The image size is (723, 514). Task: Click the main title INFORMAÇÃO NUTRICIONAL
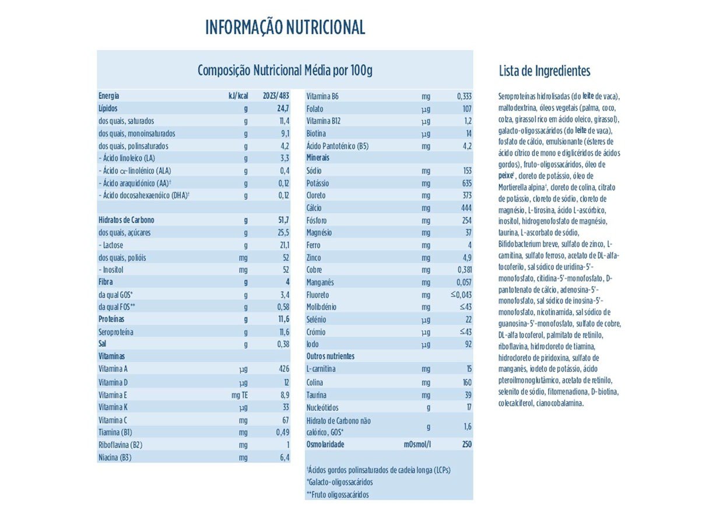pyautogui.click(x=285, y=27)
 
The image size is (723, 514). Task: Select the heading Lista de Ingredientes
pyautogui.click(x=544, y=71)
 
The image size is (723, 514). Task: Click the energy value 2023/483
pyautogui.click(x=276, y=96)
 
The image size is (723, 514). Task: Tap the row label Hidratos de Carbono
pyautogui.click(x=127, y=220)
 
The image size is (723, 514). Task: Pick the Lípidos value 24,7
pyautogui.click(x=283, y=108)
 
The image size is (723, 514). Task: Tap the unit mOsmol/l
pyautogui.click(x=417, y=444)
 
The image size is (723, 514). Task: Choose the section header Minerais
pyautogui.click(x=318, y=158)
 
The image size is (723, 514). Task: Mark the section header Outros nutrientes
pyautogui.click(x=330, y=356)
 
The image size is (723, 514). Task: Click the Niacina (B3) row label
pyautogui.click(x=115, y=457)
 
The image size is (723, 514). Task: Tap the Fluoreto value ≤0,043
pyautogui.click(x=461, y=295)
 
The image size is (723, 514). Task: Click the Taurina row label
pyautogui.click(x=317, y=395)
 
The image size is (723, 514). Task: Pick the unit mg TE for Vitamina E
pyautogui.click(x=240, y=395)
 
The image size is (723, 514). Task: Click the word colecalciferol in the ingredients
pyautogui.click(x=516, y=403)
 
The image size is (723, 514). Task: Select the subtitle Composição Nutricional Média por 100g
pyautogui.click(x=285, y=71)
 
